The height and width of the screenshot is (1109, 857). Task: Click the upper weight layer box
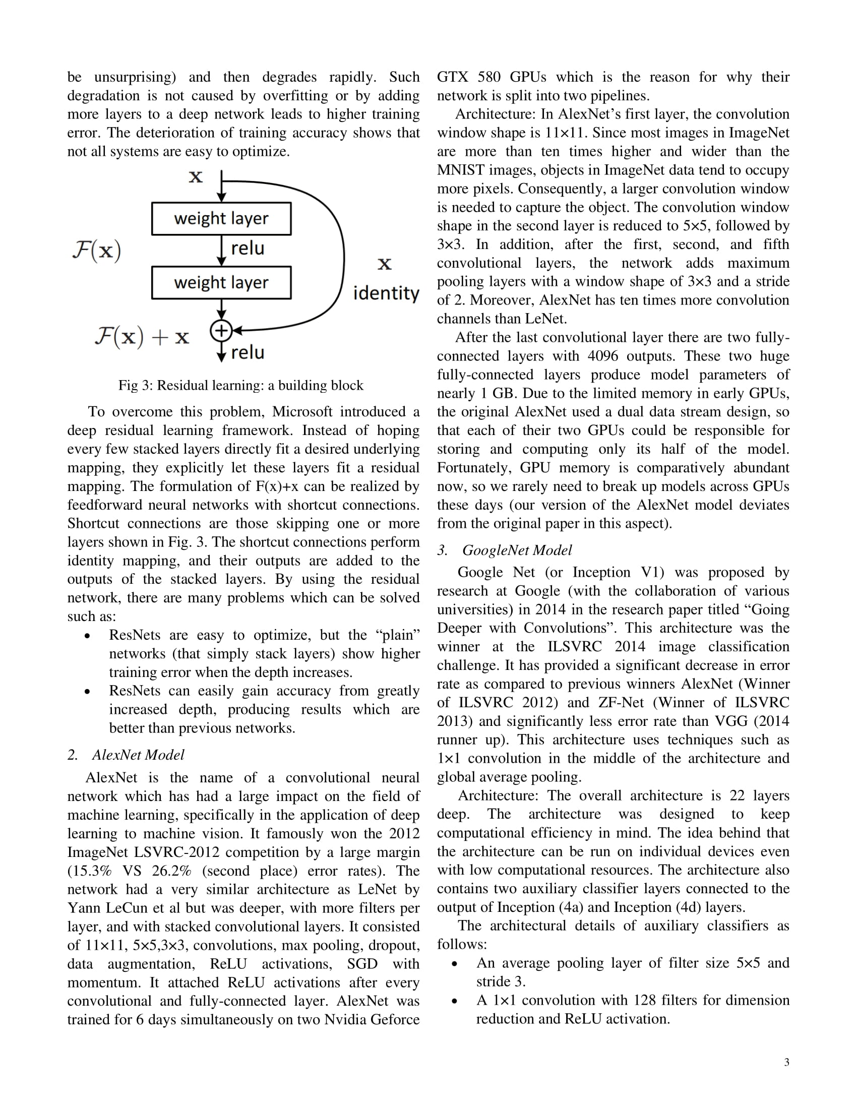(221, 218)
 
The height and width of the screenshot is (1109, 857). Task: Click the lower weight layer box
(221, 282)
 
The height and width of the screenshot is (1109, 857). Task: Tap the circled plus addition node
(221, 331)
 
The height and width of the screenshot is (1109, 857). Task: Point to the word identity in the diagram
(386, 293)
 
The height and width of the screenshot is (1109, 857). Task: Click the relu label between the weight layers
(247, 249)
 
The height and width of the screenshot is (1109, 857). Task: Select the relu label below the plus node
(247, 352)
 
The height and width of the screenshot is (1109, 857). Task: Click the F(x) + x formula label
(142, 336)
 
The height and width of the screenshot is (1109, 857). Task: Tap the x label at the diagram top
(196, 177)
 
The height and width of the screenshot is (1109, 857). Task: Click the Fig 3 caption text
(240, 385)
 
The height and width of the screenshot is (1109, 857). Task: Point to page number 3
(786, 1062)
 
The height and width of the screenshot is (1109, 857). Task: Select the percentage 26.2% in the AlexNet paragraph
(171, 871)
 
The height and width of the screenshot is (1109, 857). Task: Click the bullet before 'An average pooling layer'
(455, 963)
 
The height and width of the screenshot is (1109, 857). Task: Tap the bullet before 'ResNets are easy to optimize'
(88, 636)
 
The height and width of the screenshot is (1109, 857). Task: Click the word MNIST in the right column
(461, 169)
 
